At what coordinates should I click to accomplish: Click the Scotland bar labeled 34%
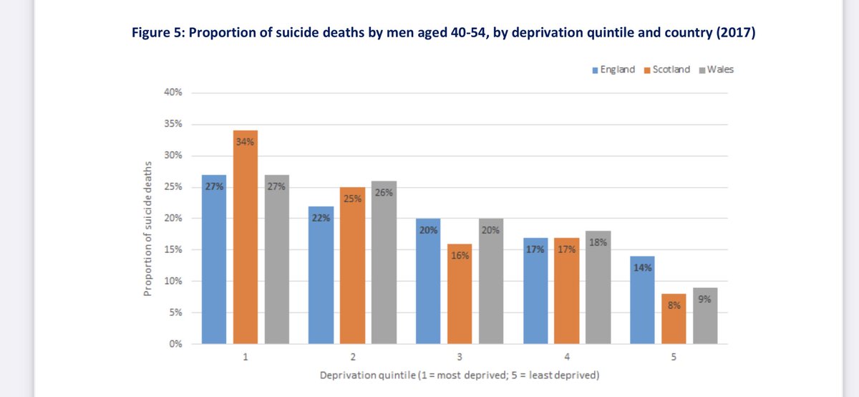pyautogui.click(x=246, y=236)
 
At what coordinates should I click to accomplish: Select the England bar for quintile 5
pyautogui.click(x=642, y=300)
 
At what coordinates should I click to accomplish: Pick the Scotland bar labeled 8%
pyautogui.click(x=674, y=319)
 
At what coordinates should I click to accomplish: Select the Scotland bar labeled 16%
pyautogui.click(x=460, y=294)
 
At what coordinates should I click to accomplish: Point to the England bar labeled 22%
pyautogui.click(x=321, y=275)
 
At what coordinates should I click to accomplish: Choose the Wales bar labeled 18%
pyautogui.click(x=598, y=287)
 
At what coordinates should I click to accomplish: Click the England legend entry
pyautogui.click(x=613, y=70)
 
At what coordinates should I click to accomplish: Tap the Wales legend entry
pyautogui.click(x=716, y=70)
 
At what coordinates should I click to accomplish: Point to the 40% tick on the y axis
pyautogui.click(x=174, y=92)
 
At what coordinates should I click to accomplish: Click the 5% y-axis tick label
pyautogui.click(x=176, y=312)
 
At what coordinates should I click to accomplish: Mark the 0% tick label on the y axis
pyautogui.click(x=176, y=344)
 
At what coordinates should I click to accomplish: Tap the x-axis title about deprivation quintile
pyautogui.click(x=459, y=376)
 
